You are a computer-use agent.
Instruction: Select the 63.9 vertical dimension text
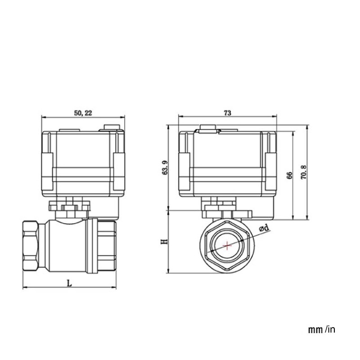click(165, 167)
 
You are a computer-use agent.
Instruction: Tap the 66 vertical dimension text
click(289, 175)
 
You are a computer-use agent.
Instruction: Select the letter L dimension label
click(69, 283)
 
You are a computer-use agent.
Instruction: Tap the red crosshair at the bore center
click(228, 246)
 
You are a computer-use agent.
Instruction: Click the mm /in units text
click(321, 330)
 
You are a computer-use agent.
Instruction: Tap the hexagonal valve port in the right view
click(228, 246)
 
